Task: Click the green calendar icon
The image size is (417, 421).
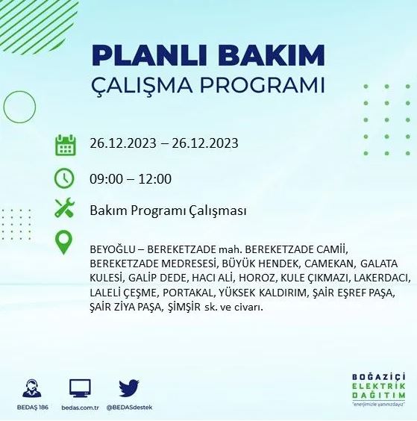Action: tap(66, 144)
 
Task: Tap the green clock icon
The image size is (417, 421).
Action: tap(66, 178)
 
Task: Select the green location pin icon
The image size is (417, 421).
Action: tap(66, 242)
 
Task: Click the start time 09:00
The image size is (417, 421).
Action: tap(104, 179)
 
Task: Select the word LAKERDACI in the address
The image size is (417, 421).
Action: tap(369, 278)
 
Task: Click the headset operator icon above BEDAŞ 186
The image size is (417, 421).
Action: tap(32, 388)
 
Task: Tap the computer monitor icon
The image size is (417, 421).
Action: tap(80, 388)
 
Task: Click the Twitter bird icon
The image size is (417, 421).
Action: tap(129, 387)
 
